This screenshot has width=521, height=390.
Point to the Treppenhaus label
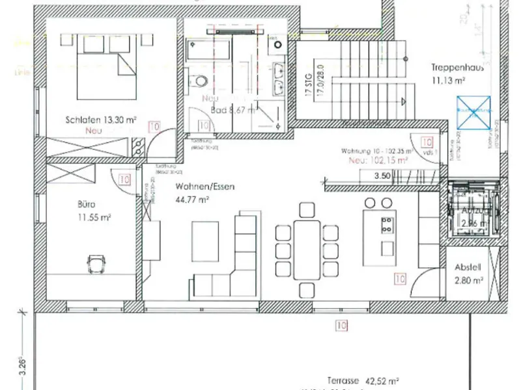(457, 68)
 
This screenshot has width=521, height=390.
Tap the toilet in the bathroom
(200, 81)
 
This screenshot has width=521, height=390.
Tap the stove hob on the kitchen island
(387, 225)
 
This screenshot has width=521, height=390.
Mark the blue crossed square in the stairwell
(473, 106)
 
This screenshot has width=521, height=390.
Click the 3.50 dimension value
(382, 176)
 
